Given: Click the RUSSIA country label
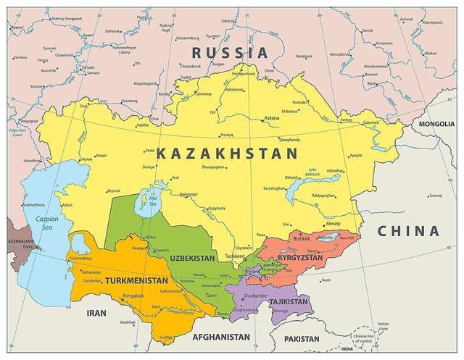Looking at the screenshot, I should click(x=230, y=52).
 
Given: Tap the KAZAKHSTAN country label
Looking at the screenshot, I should click(x=226, y=153).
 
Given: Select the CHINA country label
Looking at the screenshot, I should click(x=407, y=232).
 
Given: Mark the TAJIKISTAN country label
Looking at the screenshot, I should click(x=289, y=301).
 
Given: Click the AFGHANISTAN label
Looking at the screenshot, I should click(x=221, y=337).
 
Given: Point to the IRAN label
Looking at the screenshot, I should click(x=96, y=313).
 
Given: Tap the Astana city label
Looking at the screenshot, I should click(x=270, y=117).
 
